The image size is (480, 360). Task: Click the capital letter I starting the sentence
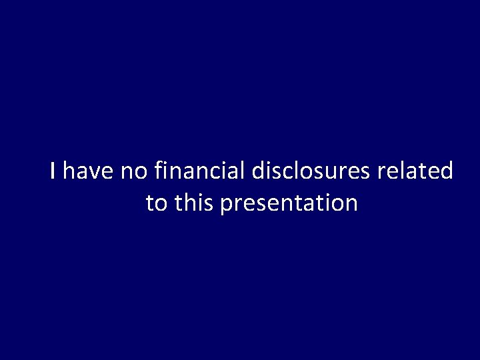53,172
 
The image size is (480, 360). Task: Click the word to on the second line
157,203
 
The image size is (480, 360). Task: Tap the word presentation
288,203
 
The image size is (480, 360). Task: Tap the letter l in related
402,171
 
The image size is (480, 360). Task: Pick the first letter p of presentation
225,205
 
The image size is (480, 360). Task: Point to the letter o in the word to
161,204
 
